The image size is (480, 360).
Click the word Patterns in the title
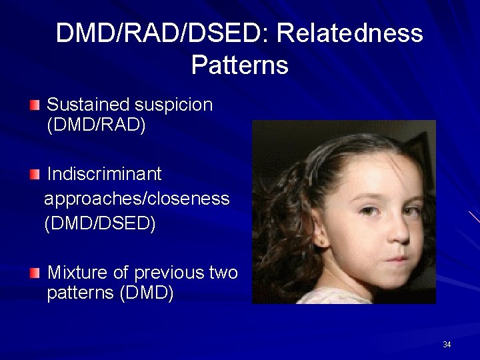[239, 65]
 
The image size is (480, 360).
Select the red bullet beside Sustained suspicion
[35, 105]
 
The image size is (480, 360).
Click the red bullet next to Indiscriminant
[35, 175]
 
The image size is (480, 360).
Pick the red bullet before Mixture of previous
[35, 273]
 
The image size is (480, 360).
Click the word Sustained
[88, 105]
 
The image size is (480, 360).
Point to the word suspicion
[173, 105]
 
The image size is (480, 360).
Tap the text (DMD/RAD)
[96, 125]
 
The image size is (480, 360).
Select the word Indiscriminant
[105, 174]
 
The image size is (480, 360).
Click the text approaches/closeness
[137, 199]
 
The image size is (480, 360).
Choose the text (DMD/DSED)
[100, 223]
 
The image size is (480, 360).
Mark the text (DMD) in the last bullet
[146, 294]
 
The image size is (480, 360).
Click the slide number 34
[447, 345]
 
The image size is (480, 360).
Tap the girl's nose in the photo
[399, 230]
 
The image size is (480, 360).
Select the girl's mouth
[397, 258]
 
